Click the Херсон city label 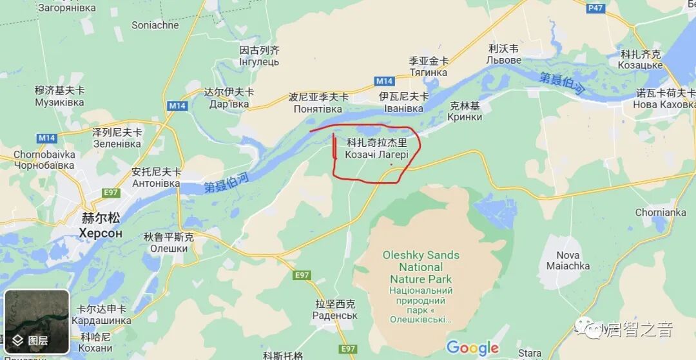101,233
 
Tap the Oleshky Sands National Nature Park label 421,267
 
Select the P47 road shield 595,8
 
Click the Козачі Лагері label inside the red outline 377,155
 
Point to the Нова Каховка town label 664,104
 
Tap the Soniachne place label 155,25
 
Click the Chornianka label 661,213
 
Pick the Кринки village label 465,117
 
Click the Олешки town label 169,249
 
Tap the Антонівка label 156,184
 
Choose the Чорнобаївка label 44,165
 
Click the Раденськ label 334,316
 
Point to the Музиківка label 59,102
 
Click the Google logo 472,348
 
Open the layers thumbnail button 37,321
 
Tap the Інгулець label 259,62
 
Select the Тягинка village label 429,72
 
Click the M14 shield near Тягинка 384,81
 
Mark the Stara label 529,353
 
